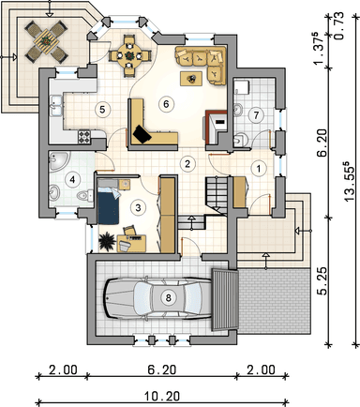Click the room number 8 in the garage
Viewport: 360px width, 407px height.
[x=169, y=297]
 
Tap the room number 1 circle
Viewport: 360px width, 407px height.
[x=258, y=168]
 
